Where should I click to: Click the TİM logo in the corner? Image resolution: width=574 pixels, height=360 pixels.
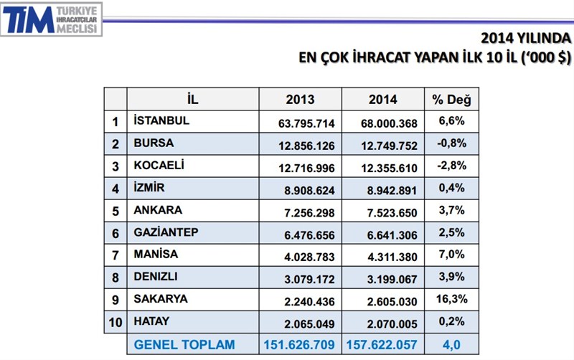(52, 19)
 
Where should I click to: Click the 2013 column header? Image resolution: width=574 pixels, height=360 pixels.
(300, 100)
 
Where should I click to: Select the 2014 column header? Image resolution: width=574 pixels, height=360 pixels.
(382, 100)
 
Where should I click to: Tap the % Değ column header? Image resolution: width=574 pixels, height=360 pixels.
(451, 100)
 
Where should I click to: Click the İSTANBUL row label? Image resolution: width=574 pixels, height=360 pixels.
(161, 120)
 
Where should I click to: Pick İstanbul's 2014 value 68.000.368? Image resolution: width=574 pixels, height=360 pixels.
(382, 121)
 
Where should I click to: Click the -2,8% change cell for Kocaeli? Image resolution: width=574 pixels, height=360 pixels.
(451, 166)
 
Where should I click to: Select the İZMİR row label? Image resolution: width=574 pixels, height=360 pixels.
(149, 189)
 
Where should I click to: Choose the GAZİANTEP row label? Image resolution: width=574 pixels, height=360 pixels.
(166, 234)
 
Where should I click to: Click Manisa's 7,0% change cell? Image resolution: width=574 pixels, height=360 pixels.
(451, 255)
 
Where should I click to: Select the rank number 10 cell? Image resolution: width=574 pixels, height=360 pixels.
(116, 323)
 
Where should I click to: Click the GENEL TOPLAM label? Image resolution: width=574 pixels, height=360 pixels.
(184, 345)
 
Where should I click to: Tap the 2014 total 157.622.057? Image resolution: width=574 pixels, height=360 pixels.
(382, 345)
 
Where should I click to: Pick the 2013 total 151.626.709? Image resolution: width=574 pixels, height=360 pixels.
(300, 345)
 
